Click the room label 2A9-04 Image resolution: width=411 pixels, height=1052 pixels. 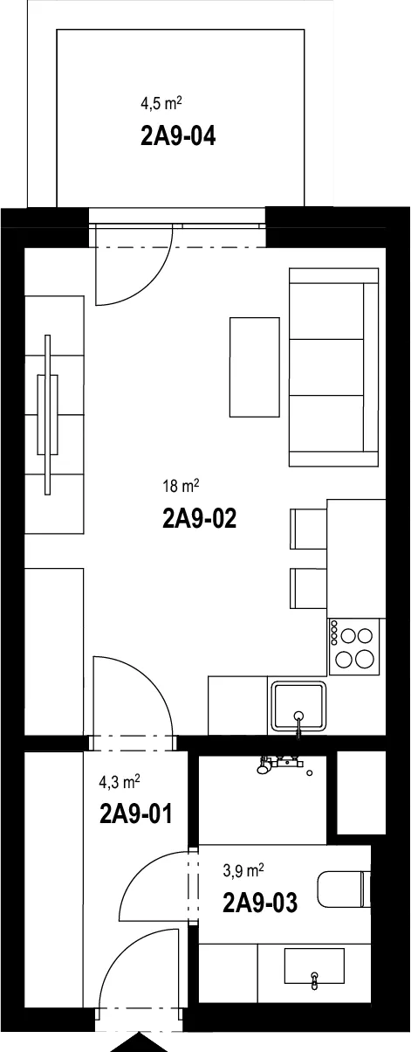(x=178, y=136)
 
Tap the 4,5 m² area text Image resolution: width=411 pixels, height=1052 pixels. (x=161, y=103)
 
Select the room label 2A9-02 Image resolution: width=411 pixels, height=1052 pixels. (x=200, y=519)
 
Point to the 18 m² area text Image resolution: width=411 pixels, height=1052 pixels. (x=182, y=485)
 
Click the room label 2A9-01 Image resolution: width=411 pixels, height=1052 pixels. (x=136, y=813)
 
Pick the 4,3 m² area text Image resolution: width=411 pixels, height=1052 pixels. (x=120, y=782)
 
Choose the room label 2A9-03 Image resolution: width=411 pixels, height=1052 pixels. (x=260, y=903)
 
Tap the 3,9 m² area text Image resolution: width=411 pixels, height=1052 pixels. (x=243, y=871)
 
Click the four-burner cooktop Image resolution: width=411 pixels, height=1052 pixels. (x=353, y=647)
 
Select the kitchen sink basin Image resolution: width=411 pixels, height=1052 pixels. (x=298, y=706)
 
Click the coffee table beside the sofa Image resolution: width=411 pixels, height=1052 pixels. (x=254, y=367)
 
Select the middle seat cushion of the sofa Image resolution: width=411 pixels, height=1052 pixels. (x=326, y=367)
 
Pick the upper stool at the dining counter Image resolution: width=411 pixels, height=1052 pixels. (x=308, y=529)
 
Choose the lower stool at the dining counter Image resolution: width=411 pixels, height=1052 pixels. (x=308, y=589)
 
